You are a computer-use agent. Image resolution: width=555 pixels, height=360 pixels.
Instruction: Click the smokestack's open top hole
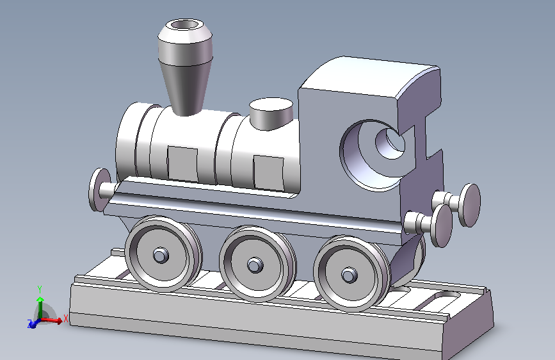(185, 25)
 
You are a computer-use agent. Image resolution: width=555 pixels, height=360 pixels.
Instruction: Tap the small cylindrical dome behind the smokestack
(271, 114)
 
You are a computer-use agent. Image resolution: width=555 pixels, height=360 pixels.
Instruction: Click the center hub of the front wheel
(160, 255)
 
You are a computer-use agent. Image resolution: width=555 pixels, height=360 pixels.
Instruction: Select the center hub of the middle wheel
(255, 265)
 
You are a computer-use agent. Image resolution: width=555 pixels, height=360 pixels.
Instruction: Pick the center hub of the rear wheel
(350, 275)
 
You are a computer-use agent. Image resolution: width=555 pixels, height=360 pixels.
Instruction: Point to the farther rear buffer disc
(469, 205)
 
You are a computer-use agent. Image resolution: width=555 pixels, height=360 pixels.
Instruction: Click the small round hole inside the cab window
(390, 143)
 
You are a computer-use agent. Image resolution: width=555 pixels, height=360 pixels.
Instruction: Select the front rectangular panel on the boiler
(182, 164)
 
